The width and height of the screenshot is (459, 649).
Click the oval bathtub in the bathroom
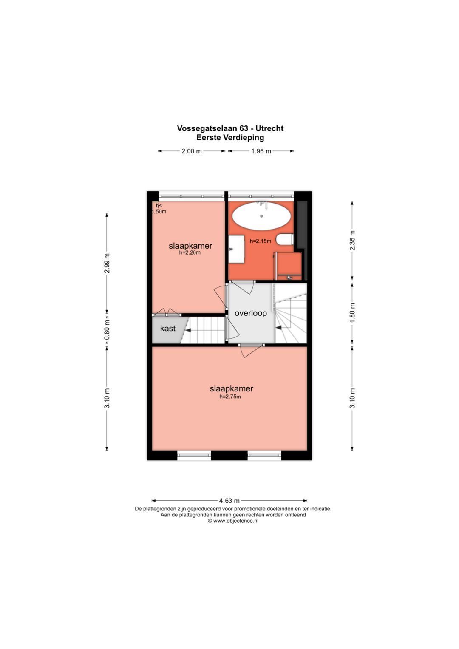click(261, 216)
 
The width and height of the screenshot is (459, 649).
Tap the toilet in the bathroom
click(285, 239)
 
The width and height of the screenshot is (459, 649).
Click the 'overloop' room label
click(251, 313)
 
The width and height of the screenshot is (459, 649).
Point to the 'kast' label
click(167, 329)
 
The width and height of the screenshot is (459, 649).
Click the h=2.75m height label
click(230, 397)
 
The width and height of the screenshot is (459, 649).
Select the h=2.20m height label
click(190, 252)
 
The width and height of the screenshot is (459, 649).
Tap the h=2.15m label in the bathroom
click(260, 241)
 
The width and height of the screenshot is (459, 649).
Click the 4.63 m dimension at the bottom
click(229, 501)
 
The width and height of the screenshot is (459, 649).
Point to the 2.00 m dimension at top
click(192, 151)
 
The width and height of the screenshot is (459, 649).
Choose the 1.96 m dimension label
click(261, 151)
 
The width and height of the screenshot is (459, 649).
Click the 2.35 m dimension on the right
click(352, 241)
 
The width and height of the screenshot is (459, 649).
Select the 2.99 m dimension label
click(107, 264)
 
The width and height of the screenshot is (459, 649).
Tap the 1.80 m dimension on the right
click(352, 313)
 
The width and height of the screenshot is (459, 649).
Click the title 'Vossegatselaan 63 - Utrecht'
click(230, 128)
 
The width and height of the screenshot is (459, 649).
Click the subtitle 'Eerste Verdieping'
click(230, 138)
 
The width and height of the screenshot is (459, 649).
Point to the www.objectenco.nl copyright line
click(233, 521)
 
